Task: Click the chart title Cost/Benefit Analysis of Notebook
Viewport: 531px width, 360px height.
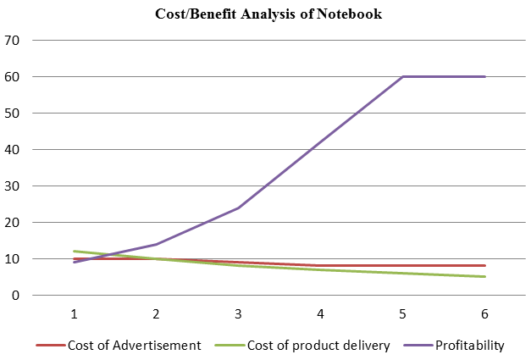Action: coord(268,14)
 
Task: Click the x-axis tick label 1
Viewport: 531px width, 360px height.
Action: coord(75,313)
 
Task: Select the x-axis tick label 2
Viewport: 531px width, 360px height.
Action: coord(157,313)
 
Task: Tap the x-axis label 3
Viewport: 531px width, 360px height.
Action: coord(239,313)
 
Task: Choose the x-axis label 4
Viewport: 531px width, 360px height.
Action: coord(321,313)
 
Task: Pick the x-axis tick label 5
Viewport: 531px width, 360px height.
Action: coord(403,313)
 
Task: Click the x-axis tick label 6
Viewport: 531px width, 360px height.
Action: coord(485,313)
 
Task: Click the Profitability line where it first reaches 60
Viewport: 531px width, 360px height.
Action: coord(403,76)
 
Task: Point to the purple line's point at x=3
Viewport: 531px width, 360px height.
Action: coord(239,208)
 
